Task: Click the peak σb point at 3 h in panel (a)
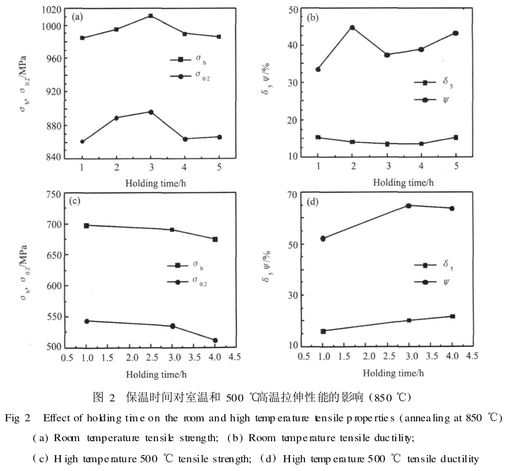coord(150,16)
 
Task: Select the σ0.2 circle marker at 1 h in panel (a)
coord(82,141)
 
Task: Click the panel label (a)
coord(77,17)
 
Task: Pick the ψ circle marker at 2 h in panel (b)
coord(352,27)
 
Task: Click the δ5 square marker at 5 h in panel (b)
coord(455,137)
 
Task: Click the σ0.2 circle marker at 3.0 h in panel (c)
coord(172,326)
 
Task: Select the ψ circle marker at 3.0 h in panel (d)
coord(409,205)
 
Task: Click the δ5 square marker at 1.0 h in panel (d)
coord(323,331)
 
